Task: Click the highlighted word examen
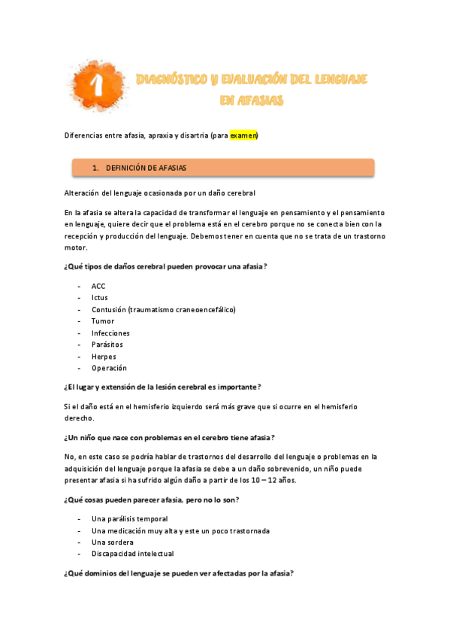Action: (243, 135)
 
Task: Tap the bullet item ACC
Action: (99, 286)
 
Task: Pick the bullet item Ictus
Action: (100, 298)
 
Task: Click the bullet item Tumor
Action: (103, 321)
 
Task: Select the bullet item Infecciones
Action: (110, 333)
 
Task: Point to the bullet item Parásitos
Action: (107, 345)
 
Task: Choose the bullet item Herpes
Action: (104, 357)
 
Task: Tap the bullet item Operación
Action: (109, 368)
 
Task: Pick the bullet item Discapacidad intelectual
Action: (133, 554)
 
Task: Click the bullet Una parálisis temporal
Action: (130, 518)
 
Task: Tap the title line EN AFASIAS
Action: (252, 100)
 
